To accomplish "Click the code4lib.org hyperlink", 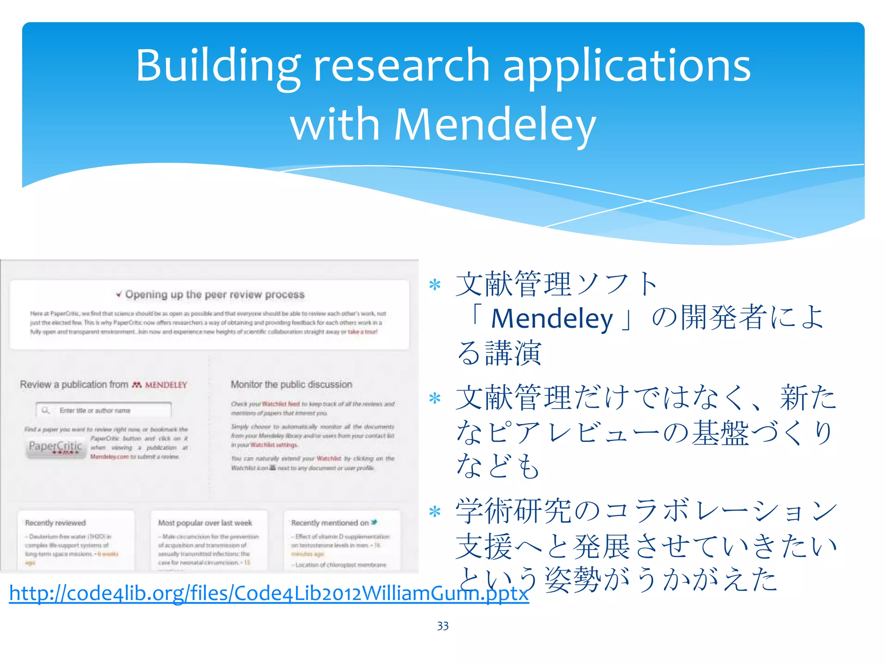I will tap(269, 593).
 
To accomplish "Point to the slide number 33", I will tap(443, 626).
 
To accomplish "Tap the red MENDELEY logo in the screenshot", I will tap(160, 385).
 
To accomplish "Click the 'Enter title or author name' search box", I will tap(104, 410).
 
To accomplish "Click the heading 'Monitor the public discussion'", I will tap(291, 384).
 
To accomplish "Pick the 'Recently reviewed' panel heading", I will tap(55, 523).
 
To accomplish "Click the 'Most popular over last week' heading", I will tap(205, 523).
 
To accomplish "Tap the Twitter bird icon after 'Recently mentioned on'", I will tap(374, 522).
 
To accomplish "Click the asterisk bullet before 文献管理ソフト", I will tap(434, 285).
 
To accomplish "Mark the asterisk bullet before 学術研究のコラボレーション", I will tap(434, 512).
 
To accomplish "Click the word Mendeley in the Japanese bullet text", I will tap(552, 319).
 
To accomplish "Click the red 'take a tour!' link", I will tap(363, 332).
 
